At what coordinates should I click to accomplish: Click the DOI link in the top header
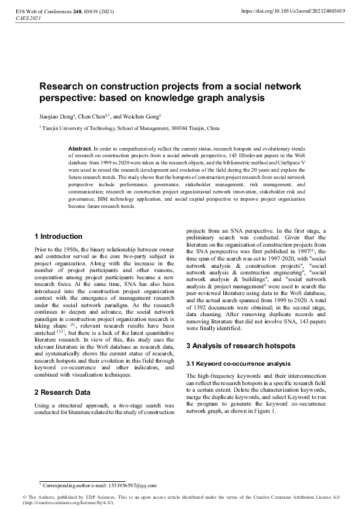293,10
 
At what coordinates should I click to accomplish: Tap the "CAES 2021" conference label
27,18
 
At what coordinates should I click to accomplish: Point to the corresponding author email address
132,485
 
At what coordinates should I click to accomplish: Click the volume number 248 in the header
77,10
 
